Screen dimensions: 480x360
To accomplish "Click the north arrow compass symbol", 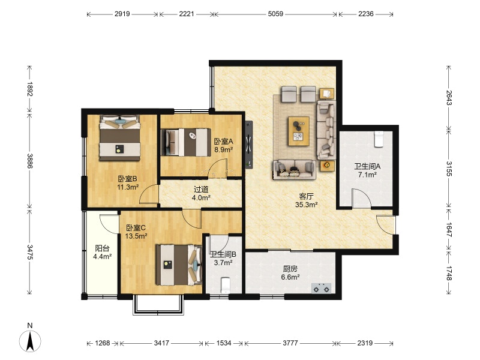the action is point(30,341).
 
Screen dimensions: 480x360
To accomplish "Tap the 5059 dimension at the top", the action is point(275,14).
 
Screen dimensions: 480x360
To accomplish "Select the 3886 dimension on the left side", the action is point(29,161).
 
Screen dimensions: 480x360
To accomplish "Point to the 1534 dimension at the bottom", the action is point(224,343).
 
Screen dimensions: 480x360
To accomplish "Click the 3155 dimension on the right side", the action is point(449,169).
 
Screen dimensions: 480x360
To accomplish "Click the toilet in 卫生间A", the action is point(379,139).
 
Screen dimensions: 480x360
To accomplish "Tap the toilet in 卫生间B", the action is point(226,285).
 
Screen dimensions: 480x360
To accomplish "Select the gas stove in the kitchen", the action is point(322,288).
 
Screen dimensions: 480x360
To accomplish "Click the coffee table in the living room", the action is point(298,131).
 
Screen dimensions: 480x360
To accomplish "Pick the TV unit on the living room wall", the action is point(249,145).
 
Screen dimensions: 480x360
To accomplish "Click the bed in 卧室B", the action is point(119,138).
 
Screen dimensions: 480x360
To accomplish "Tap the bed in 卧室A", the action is point(186,142).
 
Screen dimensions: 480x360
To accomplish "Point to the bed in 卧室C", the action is point(179,265).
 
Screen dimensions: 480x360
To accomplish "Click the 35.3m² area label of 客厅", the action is point(306,205).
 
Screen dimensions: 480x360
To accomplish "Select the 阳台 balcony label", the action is point(102,248).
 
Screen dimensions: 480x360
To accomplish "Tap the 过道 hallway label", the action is point(201,190).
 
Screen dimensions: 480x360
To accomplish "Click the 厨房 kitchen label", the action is point(290,269).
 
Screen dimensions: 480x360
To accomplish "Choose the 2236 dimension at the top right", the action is point(366,14).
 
